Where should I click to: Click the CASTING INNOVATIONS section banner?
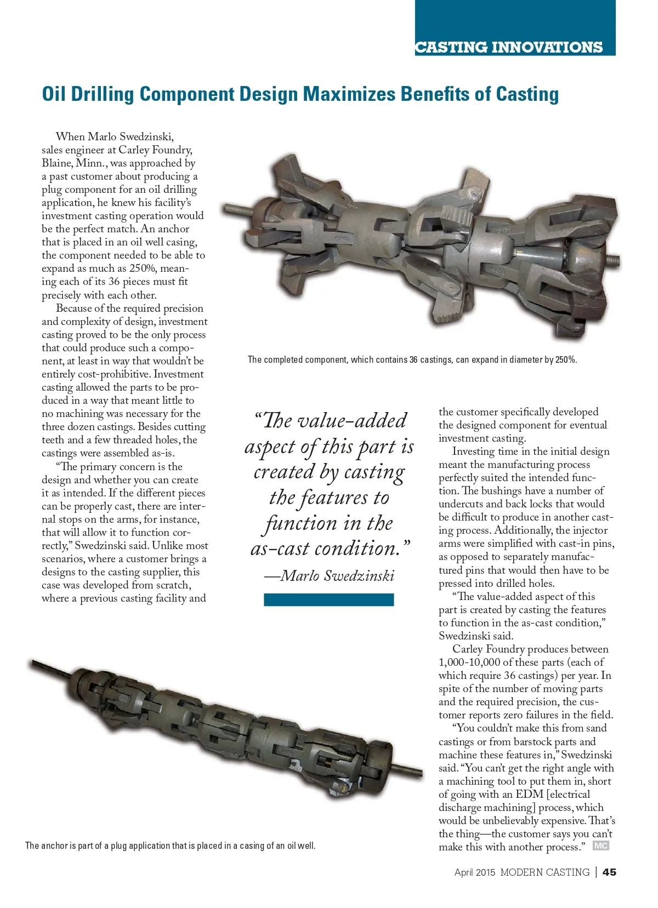click(508, 47)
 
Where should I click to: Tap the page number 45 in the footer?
click(609, 872)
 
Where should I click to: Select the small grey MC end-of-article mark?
click(601, 846)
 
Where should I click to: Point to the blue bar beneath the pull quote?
click(328, 599)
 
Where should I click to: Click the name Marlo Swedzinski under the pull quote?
click(337, 575)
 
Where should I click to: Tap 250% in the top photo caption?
click(565, 360)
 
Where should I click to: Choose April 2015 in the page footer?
click(474, 872)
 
